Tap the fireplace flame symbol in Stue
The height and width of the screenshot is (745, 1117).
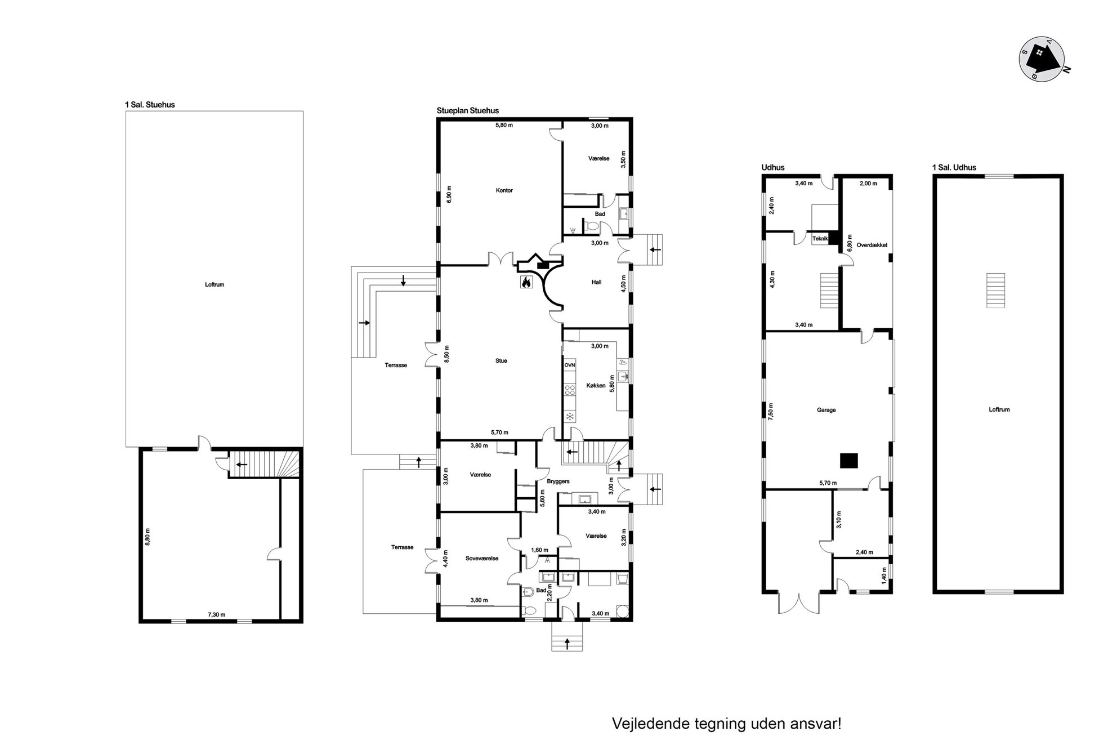[526, 282]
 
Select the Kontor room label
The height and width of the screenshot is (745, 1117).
[504, 190]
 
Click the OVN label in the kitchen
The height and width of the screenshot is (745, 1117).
[570, 365]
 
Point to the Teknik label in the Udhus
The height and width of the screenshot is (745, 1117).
[820, 239]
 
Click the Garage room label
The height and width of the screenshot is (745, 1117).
[826, 410]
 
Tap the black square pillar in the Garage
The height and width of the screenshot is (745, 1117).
[849, 461]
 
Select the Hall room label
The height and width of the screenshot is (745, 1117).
[596, 282]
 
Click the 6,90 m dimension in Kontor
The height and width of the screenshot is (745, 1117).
[448, 194]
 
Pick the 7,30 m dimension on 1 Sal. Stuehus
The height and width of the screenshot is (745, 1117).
[216, 614]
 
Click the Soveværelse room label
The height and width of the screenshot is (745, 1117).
[482, 559]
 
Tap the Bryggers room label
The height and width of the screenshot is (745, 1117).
[558, 481]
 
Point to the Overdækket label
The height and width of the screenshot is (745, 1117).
[872, 245]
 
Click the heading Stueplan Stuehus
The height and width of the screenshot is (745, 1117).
[468, 111]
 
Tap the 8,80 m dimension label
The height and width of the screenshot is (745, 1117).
[148, 536]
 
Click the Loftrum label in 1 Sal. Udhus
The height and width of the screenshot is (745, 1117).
[999, 409]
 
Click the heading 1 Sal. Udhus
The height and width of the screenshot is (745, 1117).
[954, 167]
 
